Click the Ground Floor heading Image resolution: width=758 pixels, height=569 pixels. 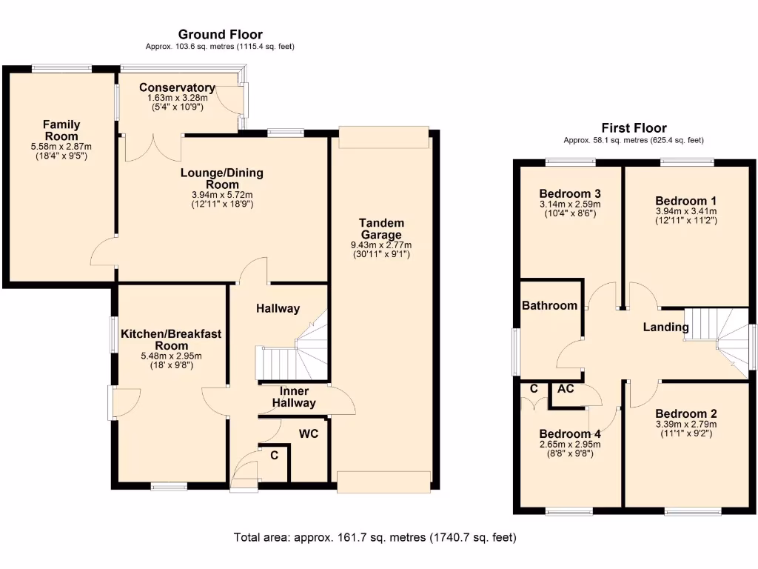[221, 34]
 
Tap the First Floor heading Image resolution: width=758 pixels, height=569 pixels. [634, 128]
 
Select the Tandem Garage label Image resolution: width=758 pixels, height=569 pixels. [382, 228]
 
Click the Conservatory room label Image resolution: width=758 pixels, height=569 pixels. [178, 87]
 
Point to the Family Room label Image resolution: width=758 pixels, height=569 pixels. [61, 130]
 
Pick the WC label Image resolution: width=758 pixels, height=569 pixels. [309, 433]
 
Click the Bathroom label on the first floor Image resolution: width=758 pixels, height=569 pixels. [549, 305]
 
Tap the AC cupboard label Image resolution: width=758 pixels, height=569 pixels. [566, 388]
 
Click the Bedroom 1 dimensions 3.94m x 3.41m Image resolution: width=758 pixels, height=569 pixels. [685, 211]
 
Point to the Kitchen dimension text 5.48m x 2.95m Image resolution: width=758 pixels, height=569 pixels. [171, 356]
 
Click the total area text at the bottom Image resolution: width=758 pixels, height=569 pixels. [375, 537]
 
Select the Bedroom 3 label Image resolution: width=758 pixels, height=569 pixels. [569, 194]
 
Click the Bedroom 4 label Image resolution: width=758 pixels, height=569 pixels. [569, 433]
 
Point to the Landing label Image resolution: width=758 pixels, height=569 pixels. [665, 327]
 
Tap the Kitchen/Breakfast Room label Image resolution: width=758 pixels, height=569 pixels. [171, 340]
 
